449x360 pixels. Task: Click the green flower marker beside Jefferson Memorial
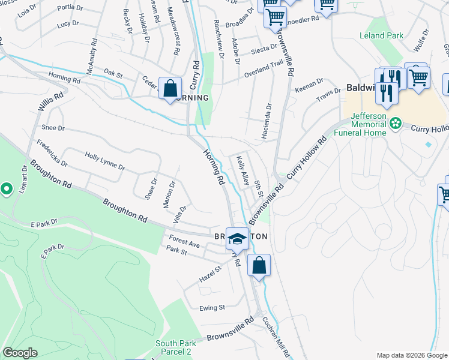pos(395,124)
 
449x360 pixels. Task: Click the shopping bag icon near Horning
pos(170,89)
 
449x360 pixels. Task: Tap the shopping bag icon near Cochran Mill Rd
pos(259,265)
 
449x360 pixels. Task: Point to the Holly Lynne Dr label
pos(104,160)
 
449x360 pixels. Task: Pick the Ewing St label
pos(212,307)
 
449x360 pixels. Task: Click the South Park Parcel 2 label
pos(173,347)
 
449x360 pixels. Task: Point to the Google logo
pos(20,353)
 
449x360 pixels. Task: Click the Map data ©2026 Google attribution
pos(411,355)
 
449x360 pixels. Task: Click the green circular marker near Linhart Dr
pos(7,190)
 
